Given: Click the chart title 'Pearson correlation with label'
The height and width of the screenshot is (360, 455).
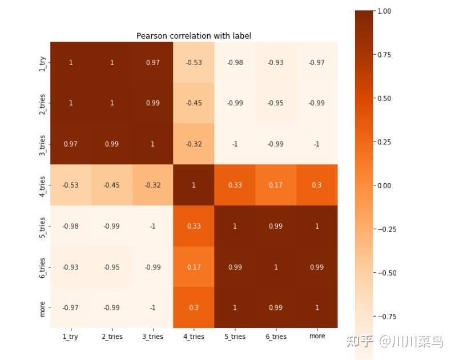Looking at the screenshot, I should pyautogui.click(x=194, y=36).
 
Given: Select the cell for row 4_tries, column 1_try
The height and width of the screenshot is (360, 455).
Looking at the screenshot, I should pyautogui.click(x=71, y=185).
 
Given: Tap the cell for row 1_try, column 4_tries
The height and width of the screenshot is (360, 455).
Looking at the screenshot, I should pyautogui.click(x=194, y=62).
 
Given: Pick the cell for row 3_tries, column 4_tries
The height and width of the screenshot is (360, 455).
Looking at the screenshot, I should pyautogui.click(x=194, y=144).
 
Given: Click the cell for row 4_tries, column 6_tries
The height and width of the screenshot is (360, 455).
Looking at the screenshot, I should pyautogui.click(x=276, y=185).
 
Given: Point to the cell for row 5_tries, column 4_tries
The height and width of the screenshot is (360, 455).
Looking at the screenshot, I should pyautogui.click(x=194, y=226).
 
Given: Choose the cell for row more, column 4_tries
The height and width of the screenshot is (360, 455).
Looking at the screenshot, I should pyautogui.click(x=194, y=308).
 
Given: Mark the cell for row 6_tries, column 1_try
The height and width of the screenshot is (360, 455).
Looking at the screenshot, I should pyautogui.click(x=71, y=267).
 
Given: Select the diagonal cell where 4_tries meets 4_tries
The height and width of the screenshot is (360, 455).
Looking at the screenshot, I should pyautogui.click(x=194, y=185).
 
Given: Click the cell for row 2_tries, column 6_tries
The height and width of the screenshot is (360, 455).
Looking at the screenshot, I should pyautogui.click(x=276, y=103).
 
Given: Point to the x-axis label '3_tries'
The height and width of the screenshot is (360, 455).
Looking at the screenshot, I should pyautogui.click(x=152, y=337).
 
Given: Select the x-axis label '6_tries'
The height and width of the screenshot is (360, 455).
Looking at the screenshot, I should pyautogui.click(x=276, y=337).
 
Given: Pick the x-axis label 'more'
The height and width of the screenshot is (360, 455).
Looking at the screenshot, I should pyautogui.click(x=317, y=336).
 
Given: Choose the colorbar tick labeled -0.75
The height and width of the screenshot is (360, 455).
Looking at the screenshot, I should pyautogui.click(x=386, y=317).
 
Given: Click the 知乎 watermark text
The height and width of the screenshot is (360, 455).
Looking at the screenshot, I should pyautogui.click(x=361, y=341).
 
